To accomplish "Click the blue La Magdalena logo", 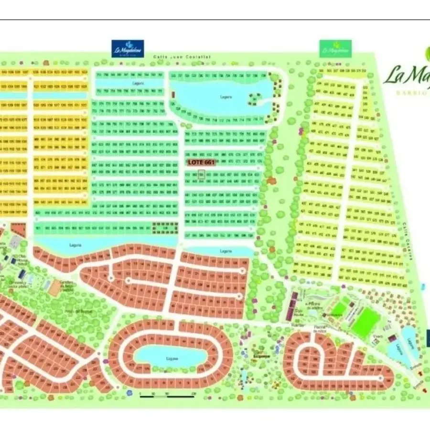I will click(128, 49).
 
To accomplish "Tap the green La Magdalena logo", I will click(335, 49).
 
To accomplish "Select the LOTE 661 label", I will click(201, 162).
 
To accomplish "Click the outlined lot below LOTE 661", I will click(201, 175).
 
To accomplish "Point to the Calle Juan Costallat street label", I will click(182, 57).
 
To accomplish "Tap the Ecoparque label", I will click(262, 356).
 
